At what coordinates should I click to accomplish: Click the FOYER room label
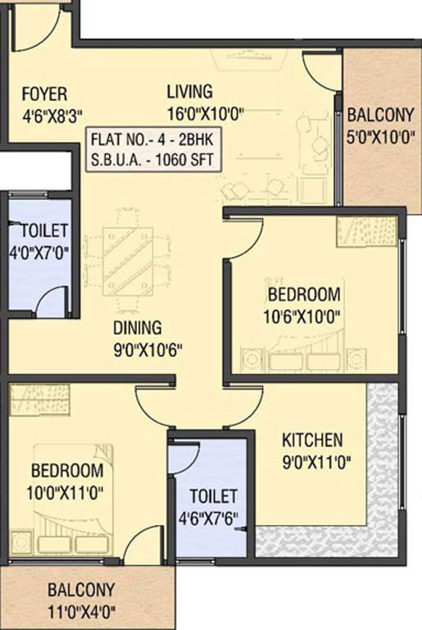(x=44, y=94)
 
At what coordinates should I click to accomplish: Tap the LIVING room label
(x=189, y=91)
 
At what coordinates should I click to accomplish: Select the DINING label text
(x=137, y=329)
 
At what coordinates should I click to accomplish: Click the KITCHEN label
(x=312, y=439)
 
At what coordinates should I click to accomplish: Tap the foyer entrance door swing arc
(x=37, y=29)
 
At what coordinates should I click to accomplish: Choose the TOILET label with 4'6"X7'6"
(x=213, y=496)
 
